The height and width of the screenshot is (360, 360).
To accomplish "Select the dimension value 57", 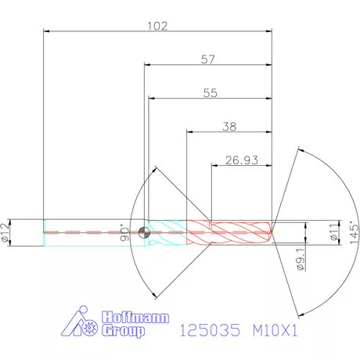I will (x=208, y=59).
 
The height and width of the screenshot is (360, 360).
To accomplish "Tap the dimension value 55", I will (x=210, y=92).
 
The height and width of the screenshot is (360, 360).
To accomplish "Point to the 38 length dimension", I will (x=229, y=125).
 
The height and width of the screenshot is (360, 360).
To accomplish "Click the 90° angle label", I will (x=124, y=234).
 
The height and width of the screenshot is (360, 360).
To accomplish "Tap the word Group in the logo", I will (x=124, y=331).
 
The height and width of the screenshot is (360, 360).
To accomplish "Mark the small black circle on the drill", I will (x=142, y=232).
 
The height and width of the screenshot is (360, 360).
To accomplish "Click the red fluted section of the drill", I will (x=231, y=231).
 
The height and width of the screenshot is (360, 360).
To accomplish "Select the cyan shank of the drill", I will (x=94, y=232).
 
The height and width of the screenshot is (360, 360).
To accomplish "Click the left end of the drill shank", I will (x=45, y=232).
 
